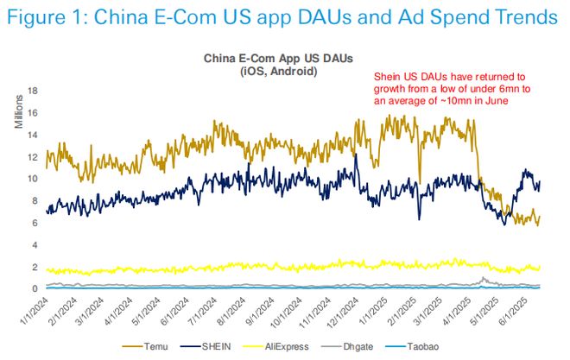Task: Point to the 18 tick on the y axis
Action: point(34,91)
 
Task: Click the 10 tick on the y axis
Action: point(34,179)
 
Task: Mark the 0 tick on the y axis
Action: point(36,288)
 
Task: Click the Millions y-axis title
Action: point(18,115)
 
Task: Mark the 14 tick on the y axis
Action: point(34,135)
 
